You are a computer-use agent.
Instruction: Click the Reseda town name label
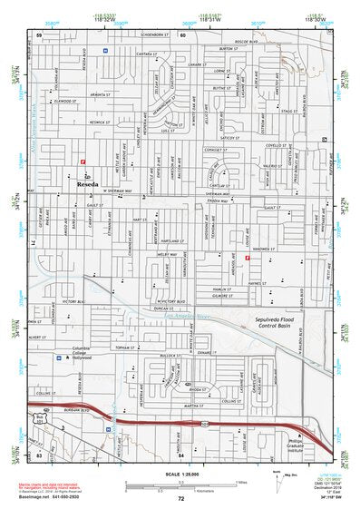pos(88,182)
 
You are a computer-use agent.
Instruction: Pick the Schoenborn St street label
pos(146,34)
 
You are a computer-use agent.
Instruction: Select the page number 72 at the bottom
pos(180,499)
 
